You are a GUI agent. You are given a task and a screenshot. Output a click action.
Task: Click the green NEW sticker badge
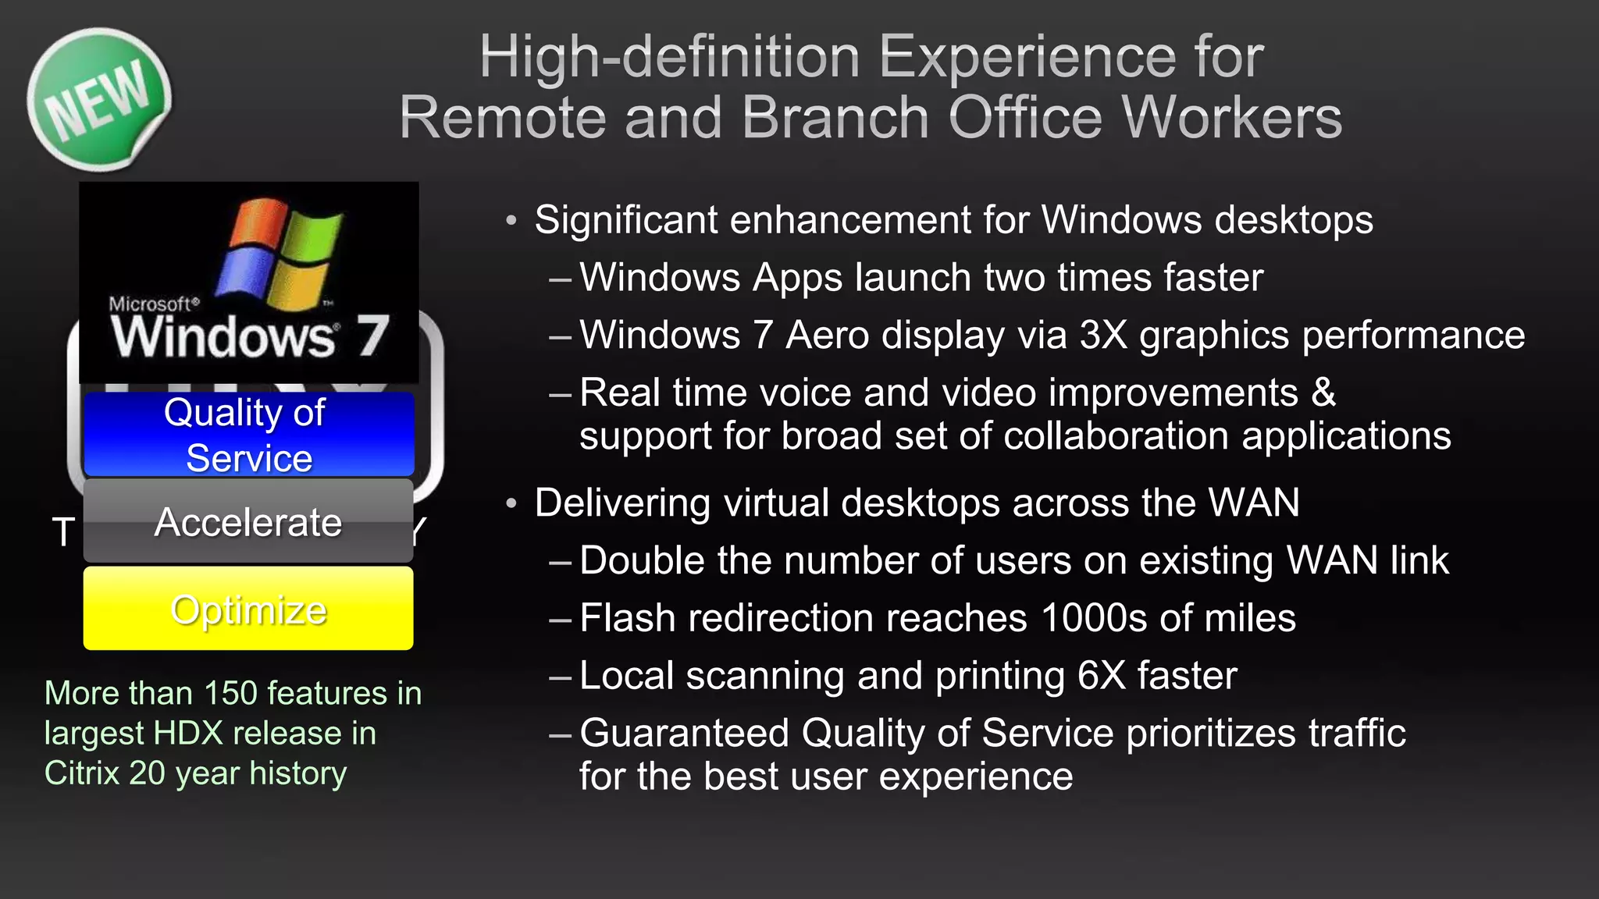(98, 99)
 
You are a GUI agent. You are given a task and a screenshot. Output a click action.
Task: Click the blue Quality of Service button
(248, 434)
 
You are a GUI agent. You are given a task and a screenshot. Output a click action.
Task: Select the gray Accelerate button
(248, 521)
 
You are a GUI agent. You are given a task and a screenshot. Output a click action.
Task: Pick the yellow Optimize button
(248, 609)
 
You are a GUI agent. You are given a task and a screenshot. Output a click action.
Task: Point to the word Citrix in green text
(82, 773)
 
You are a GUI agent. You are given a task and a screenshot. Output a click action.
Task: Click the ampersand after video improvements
(1323, 392)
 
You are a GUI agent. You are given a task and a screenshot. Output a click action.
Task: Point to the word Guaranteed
(685, 734)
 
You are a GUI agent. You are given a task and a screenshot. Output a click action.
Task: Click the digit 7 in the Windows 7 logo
(372, 336)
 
